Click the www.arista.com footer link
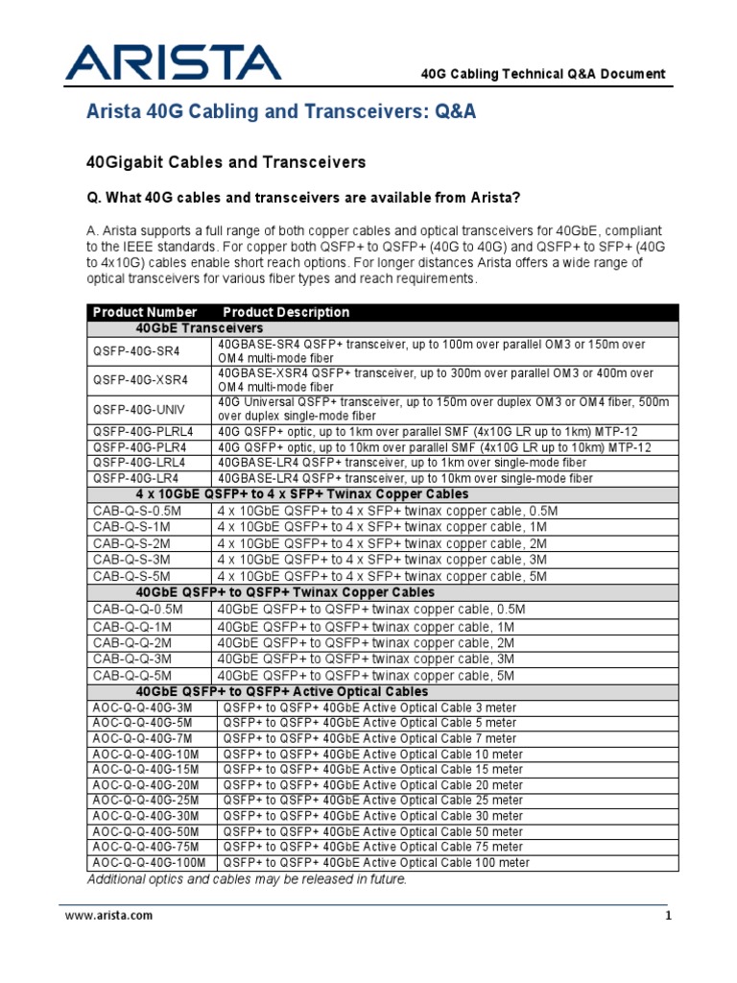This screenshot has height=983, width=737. [x=108, y=916]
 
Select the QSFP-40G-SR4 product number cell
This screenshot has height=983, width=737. [x=135, y=351]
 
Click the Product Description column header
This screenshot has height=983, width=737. [x=286, y=312]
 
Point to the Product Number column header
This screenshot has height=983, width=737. [x=145, y=312]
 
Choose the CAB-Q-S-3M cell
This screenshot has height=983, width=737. [x=131, y=560]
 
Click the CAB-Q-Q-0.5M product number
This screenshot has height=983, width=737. [x=137, y=610]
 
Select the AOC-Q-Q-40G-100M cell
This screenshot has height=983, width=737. [x=149, y=863]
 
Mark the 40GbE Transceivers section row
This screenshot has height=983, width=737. [x=200, y=328]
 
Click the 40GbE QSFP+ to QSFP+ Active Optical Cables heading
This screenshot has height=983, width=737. [x=282, y=691]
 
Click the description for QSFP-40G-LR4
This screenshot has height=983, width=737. [x=405, y=477]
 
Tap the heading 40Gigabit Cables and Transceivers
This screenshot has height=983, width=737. [x=226, y=162]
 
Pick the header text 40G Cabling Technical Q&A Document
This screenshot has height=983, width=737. [x=543, y=74]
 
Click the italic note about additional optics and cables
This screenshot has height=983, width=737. [x=248, y=879]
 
